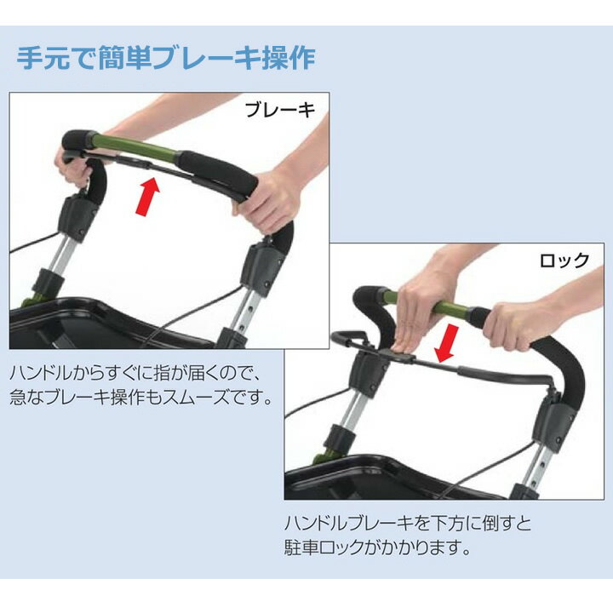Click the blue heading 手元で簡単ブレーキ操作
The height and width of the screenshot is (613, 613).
[166, 59]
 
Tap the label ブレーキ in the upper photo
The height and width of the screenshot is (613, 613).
[280, 110]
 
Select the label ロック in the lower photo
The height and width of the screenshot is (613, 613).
[564, 260]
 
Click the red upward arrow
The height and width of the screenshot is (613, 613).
[148, 196]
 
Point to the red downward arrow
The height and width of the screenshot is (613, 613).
[446, 343]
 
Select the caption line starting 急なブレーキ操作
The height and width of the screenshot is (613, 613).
[140, 398]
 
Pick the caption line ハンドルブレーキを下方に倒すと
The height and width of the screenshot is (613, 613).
[408, 523]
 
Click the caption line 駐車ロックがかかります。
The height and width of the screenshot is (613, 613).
[378, 547]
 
